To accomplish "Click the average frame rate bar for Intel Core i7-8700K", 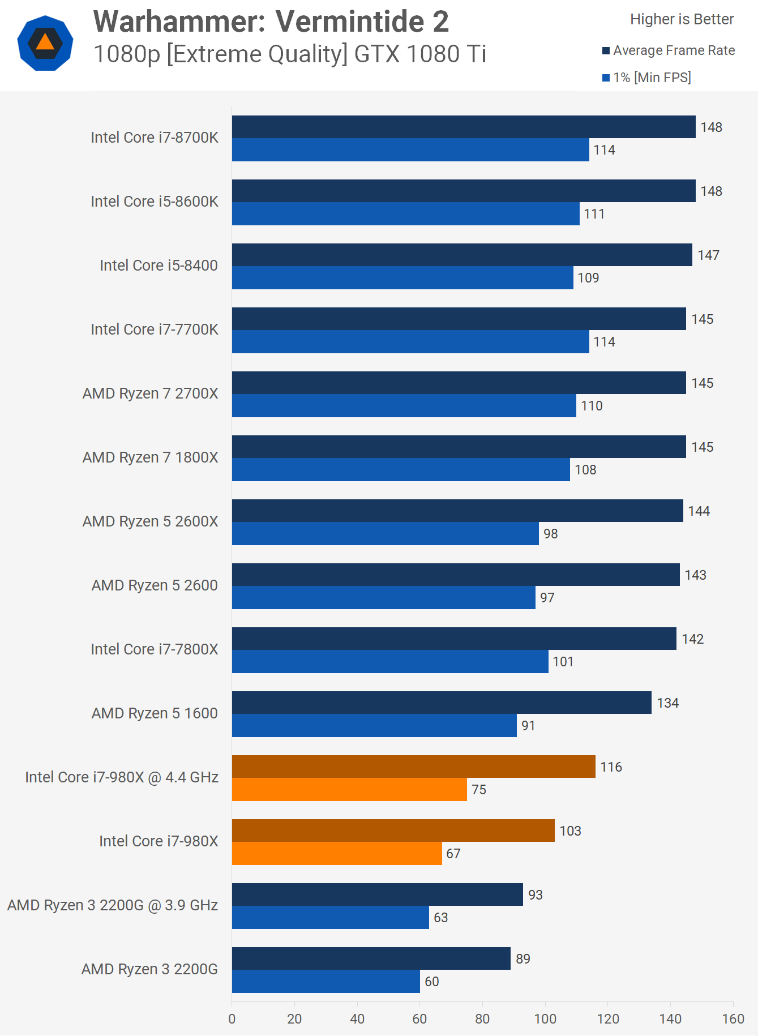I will [464, 127].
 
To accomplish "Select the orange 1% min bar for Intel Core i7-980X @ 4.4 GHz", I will [349, 789].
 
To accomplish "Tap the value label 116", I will [611, 767].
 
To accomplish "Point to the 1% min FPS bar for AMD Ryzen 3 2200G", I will [326, 981].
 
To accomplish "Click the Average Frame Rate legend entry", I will [669, 51].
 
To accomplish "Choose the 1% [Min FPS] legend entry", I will [646, 78].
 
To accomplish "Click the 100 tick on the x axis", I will [545, 1019].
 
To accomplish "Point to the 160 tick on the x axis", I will [733, 1019].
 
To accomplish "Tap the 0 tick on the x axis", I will [232, 1019].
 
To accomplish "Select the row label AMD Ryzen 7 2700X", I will [150, 393].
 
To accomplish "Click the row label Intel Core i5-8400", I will [159, 266].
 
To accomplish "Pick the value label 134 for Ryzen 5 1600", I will [667, 703].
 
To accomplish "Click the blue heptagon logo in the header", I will [45, 43].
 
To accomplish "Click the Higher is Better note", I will [682, 19].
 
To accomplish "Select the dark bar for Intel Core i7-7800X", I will [454, 639].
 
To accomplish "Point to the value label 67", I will [453, 854].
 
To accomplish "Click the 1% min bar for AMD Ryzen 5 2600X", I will [385, 533].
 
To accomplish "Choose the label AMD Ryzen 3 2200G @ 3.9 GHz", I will [113, 905].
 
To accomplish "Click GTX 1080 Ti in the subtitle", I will [420, 54].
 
